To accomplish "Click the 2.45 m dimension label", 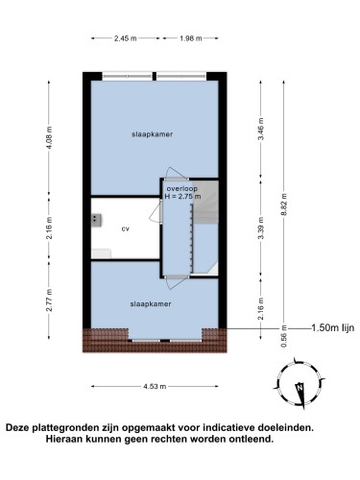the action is point(125,38).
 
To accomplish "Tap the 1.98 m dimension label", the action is point(191,38).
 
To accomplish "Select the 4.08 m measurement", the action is point(49,137).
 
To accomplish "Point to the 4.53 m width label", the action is point(155,386).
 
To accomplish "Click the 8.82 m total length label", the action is point(284,204).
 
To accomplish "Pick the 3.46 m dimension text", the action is point(261,129).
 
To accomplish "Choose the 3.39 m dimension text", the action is point(261,228).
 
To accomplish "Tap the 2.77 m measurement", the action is point(49,300).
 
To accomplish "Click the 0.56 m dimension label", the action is point(284,336).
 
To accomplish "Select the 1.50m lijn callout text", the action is point(333,327).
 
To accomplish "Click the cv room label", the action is point(126,228).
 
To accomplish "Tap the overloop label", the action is point(182,189).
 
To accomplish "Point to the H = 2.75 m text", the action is point(182,196).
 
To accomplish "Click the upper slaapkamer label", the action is point(152,134).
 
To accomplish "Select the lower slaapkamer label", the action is point(151,304).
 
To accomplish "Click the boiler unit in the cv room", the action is point(96,220).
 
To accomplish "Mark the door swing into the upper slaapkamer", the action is point(176,173).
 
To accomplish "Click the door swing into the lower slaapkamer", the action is point(176,283).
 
